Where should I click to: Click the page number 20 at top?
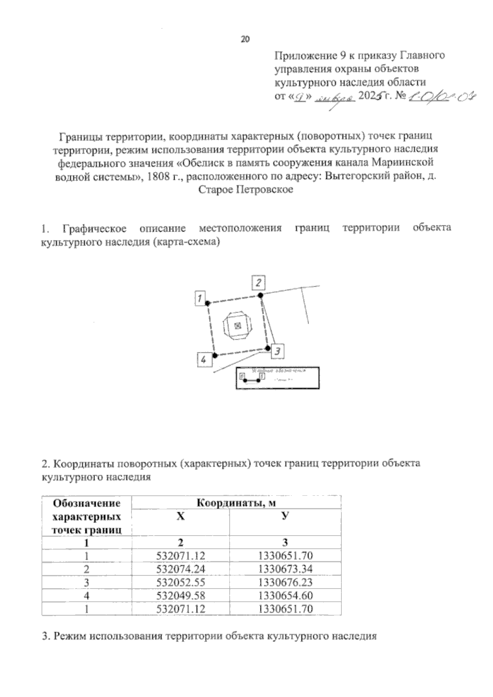[x=245, y=39]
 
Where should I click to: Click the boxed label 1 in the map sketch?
[x=200, y=298]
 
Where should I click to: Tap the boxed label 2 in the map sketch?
[x=258, y=283]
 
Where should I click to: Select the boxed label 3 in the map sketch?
[x=278, y=351]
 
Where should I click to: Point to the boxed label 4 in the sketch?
[x=204, y=360]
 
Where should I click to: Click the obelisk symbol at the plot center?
[x=237, y=326]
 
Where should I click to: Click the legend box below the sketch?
[x=277, y=377]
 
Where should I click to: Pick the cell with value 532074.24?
[x=181, y=569]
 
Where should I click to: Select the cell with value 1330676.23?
[x=286, y=582]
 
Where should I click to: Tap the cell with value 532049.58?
[x=181, y=596]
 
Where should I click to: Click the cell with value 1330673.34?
[x=286, y=569]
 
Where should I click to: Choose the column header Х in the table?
[x=180, y=517]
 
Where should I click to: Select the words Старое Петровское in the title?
[x=246, y=190]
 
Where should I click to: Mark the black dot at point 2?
[x=260, y=295]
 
